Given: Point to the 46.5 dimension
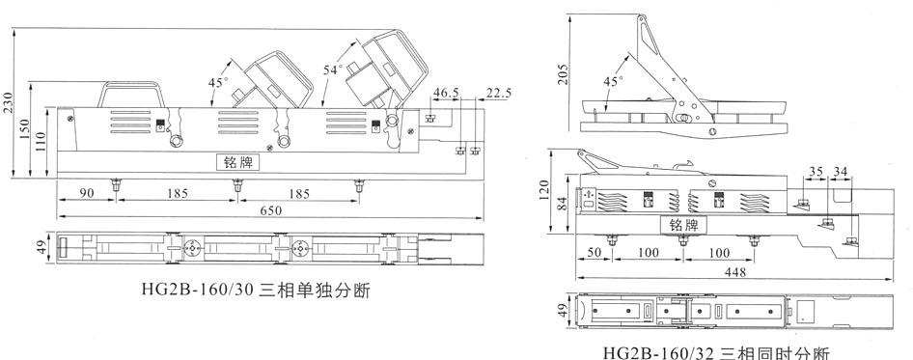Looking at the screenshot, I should tap(446, 93).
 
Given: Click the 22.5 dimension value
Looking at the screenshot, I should tap(499, 93).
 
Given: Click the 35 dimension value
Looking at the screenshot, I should tap(816, 172).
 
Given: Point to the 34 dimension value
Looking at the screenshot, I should tap(841, 172).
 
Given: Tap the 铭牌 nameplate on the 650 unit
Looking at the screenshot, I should tap(236, 163).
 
